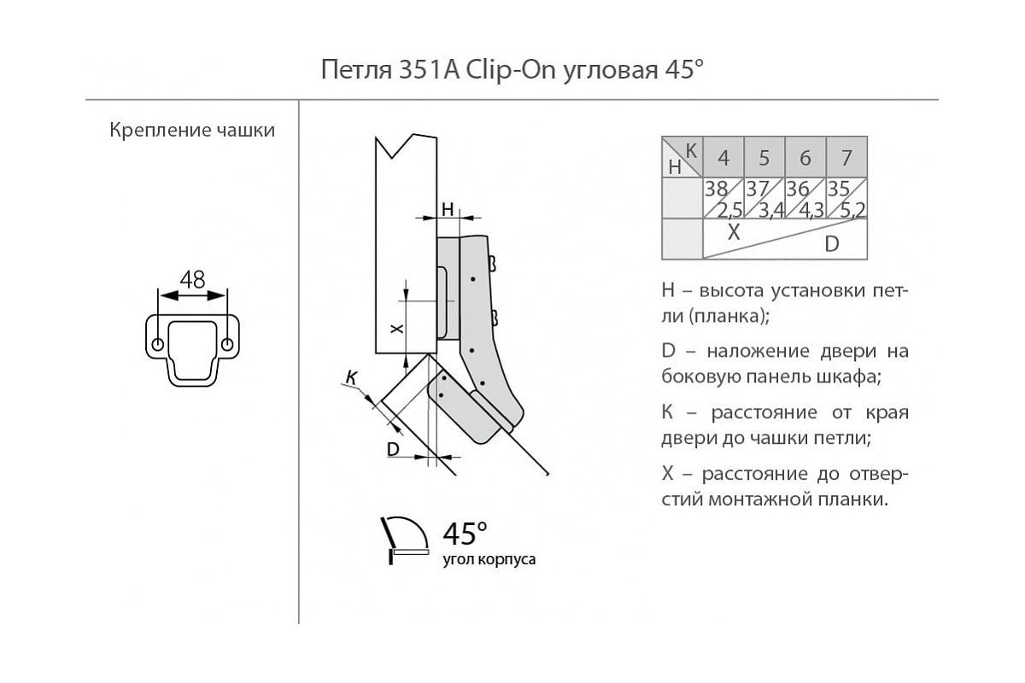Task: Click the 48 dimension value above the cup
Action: tap(192, 279)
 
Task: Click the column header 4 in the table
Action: tap(723, 158)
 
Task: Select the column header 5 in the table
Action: tap(764, 158)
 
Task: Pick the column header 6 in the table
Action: tap(805, 158)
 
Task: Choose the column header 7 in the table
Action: tap(846, 158)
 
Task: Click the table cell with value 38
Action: tap(715, 189)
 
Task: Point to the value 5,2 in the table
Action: tap(854, 209)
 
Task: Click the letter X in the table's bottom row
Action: tap(732, 231)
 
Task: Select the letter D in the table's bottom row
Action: tap(831, 245)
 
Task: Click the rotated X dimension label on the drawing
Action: tap(395, 329)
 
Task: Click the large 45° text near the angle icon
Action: tap(465, 534)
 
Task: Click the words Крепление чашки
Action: tap(192, 131)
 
